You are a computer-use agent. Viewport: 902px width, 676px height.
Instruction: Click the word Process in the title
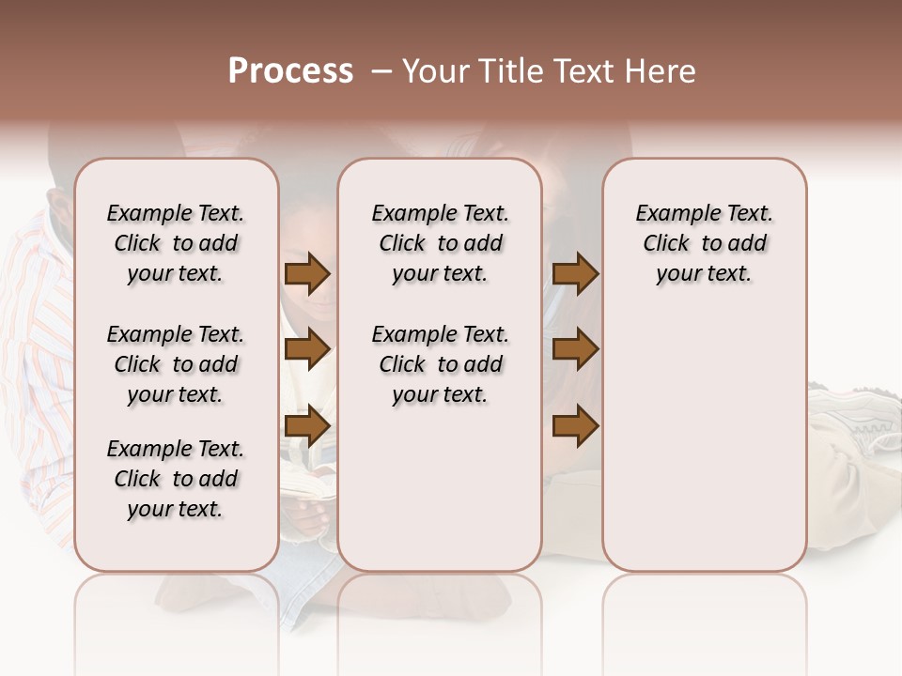click(290, 71)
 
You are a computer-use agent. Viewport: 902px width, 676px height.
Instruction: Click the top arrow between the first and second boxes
click(306, 273)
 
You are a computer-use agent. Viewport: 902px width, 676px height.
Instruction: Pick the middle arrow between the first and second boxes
click(306, 350)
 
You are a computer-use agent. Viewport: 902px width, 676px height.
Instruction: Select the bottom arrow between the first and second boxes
click(306, 426)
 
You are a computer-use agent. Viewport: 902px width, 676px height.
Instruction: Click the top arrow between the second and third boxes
click(575, 273)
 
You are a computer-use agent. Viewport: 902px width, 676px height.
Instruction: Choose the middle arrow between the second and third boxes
click(575, 350)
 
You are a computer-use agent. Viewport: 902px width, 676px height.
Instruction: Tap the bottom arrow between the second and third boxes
click(575, 426)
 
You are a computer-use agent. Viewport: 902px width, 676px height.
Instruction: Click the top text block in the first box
click(176, 243)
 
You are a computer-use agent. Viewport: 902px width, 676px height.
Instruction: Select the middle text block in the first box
click(176, 364)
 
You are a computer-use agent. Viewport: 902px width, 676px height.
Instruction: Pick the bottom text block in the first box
click(176, 479)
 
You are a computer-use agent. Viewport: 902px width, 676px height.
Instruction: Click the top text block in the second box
click(440, 243)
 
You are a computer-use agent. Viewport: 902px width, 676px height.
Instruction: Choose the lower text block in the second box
click(440, 364)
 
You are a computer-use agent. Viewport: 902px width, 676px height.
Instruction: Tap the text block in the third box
click(704, 243)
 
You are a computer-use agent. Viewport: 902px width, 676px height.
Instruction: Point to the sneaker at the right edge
click(855, 418)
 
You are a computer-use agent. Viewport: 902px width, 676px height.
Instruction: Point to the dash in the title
click(380, 71)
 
